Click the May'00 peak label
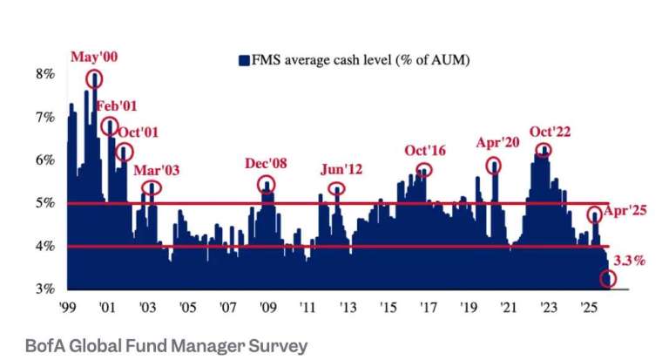coord(95,58)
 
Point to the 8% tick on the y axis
coord(44,75)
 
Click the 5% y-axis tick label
coord(44,203)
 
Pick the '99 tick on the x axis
coord(66,308)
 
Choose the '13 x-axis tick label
coord(347,308)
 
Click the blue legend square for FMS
coord(243,60)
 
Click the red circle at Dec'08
coord(267,184)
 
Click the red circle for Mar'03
coord(152,187)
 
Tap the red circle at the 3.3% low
coord(607,279)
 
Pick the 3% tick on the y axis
coord(44,289)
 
